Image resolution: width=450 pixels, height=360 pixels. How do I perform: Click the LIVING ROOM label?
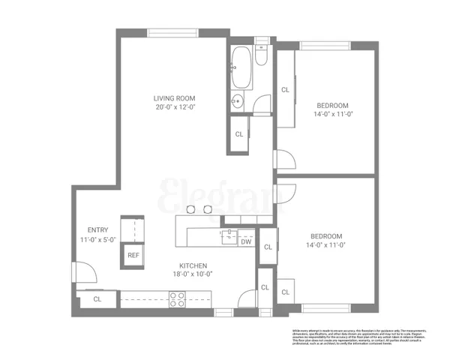point(175,98)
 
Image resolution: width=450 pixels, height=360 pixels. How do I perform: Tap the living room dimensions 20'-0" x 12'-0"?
point(175,107)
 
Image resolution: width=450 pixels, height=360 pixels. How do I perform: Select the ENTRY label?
point(98,230)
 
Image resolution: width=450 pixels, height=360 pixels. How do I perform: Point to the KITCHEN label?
point(193,265)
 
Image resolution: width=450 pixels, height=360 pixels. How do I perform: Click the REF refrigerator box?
point(133,255)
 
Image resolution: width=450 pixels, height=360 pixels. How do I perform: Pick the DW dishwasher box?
point(246,241)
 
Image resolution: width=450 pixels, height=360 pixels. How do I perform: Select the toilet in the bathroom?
point(259,56)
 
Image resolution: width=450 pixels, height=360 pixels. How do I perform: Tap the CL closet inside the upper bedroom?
point(285,90)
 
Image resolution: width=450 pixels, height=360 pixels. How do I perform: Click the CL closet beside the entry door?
point(98,298)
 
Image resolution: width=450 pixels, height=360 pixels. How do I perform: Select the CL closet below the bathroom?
point(239,134)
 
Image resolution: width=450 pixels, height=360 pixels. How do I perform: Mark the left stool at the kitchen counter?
point(190,210)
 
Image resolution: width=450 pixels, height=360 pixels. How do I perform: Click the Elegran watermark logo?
point(222,193)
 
